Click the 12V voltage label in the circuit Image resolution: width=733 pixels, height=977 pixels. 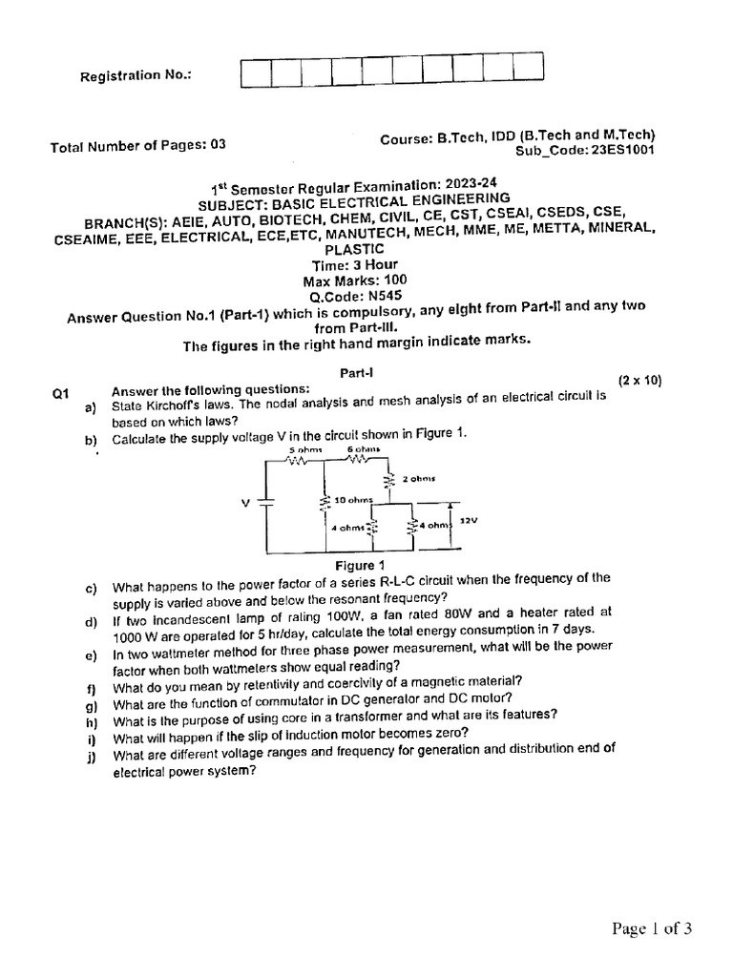point(469,522)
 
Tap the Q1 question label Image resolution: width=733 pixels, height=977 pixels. point(62,391)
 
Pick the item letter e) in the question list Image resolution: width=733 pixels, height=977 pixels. point(91,656)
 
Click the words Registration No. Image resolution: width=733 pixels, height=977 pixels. point(136,74)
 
